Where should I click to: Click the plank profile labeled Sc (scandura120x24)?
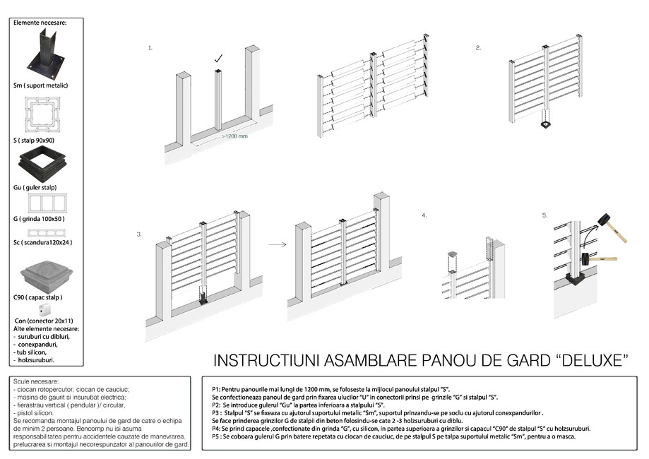[47, 233]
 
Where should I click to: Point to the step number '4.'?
[424, 215]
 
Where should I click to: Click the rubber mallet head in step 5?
[605, 221]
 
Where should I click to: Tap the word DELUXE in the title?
[592, 361]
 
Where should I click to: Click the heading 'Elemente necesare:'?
[40, 23]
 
